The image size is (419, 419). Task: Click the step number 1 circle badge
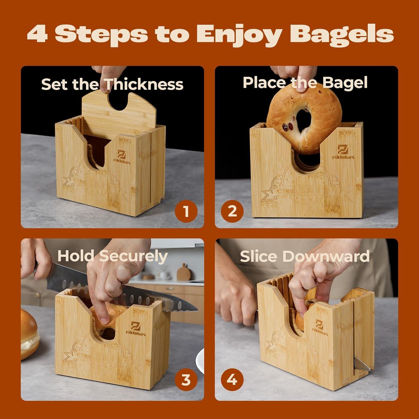point(186,211)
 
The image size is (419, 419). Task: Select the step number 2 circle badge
point(232,211)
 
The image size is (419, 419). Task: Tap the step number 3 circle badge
point(186,380)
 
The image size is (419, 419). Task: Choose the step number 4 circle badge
point(232,380)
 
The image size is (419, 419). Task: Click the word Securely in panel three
point(133,256)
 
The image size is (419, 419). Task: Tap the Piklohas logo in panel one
point(122,157)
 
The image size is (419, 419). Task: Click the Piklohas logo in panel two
point(343,152)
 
